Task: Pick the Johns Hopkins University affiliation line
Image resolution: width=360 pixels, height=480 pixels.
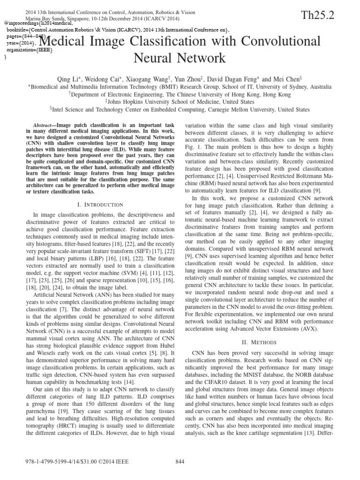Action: click(x=180, y=101)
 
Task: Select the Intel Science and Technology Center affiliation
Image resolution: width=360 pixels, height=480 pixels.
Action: click(x=180, y=109)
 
